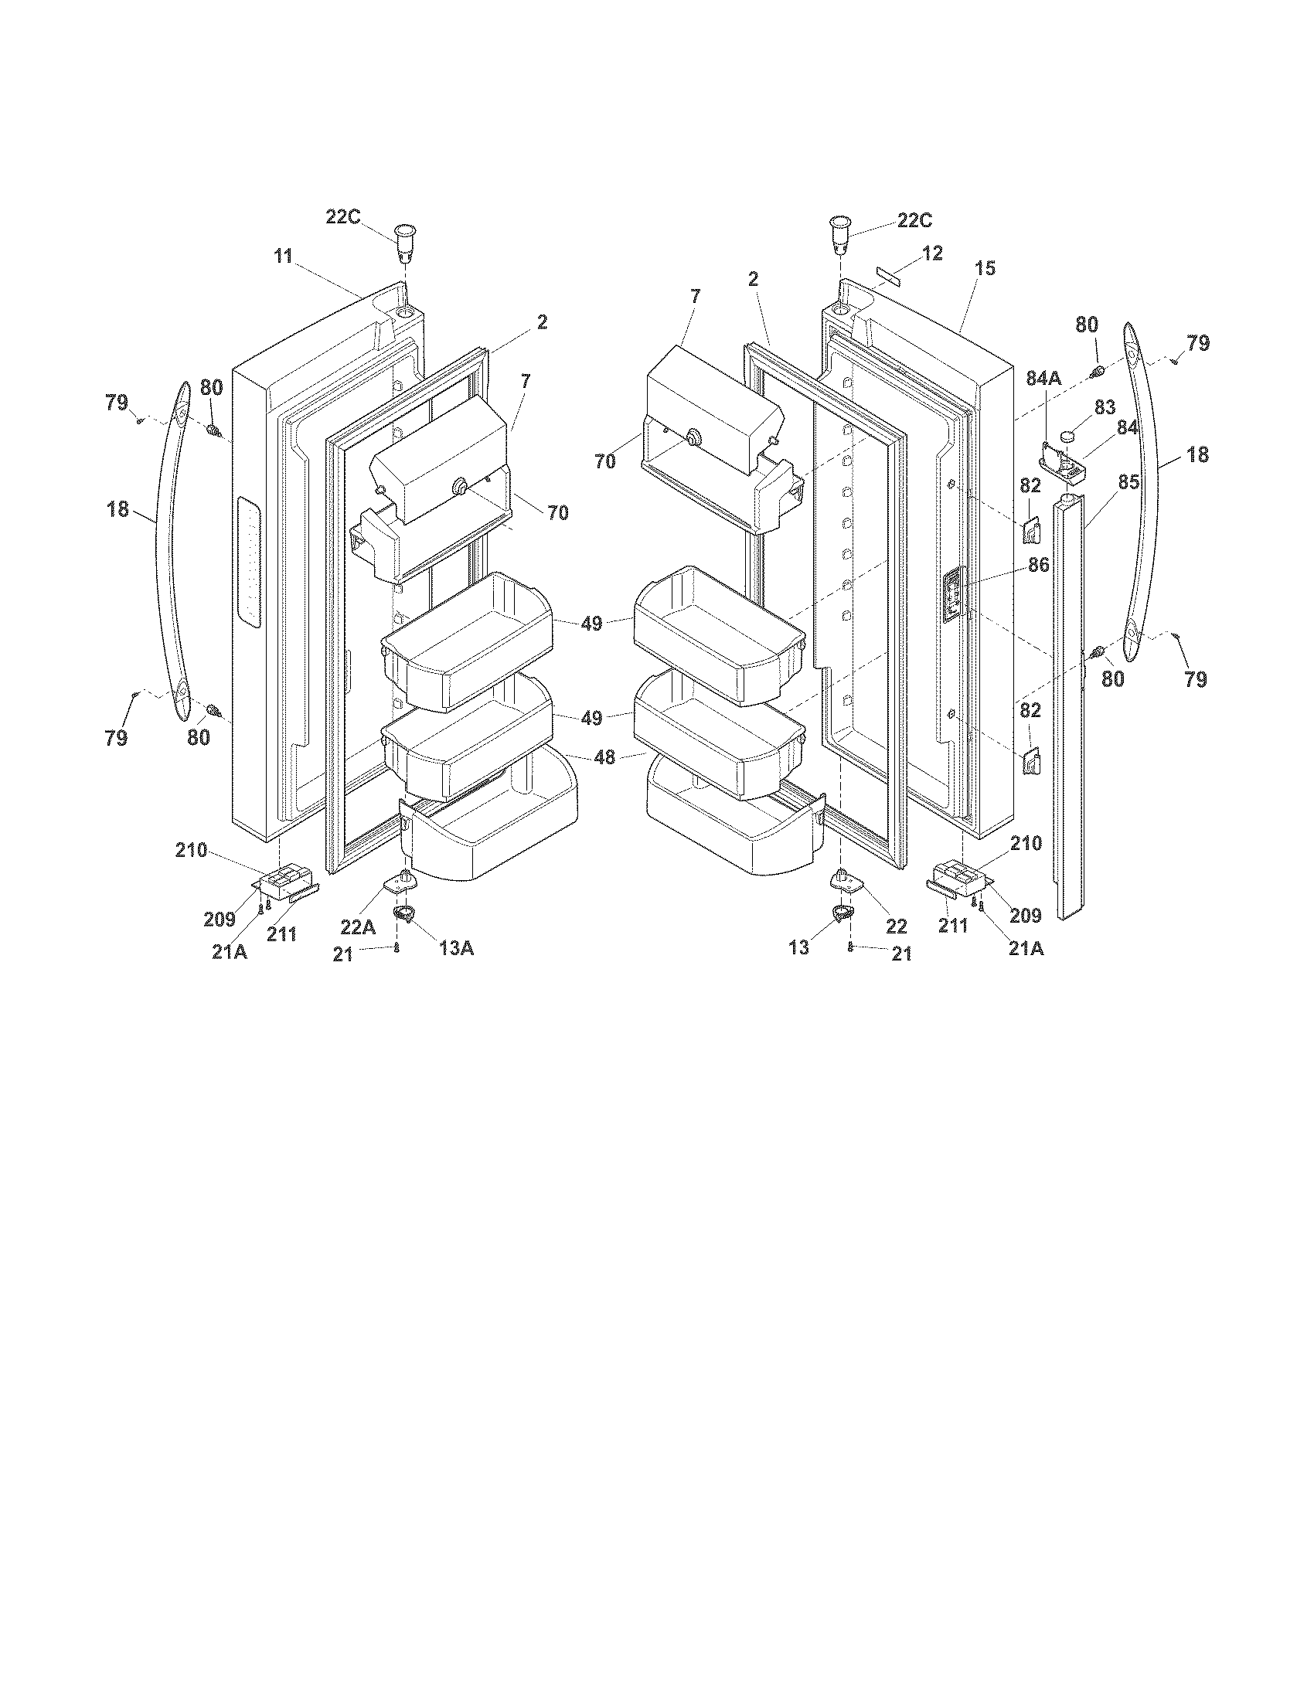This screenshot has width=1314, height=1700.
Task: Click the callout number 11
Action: (x=283, y=256)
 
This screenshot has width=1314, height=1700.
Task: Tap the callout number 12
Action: (x=932, y=253)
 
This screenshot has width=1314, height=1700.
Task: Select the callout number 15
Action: (x=985, y=269)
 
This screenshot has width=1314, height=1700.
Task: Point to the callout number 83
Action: (x=1104, y=406)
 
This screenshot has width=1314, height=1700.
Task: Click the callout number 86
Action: (x=1038, y=565)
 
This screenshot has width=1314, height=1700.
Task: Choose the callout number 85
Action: (x=1128, y=483)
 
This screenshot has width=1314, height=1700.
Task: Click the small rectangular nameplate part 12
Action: (x=886, y=275)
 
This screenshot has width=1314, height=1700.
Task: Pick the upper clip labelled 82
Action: (x=1029, y=531)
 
